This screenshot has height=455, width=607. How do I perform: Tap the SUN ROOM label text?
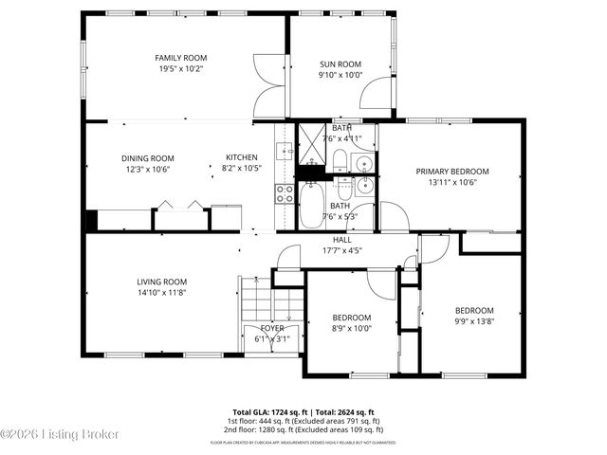point(340,64)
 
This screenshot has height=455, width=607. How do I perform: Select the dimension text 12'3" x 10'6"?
point(147,170)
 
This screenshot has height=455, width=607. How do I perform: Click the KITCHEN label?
point(241,157)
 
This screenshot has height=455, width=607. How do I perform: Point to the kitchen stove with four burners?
point(285,193)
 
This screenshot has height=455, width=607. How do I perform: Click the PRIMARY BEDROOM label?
point(452,172)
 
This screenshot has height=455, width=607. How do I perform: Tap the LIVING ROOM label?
point(161,282)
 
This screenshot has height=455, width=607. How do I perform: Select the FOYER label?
point(272,328)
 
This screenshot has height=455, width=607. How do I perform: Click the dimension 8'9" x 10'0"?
point(351,329)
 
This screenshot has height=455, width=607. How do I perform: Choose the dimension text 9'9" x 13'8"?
point(473,321)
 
